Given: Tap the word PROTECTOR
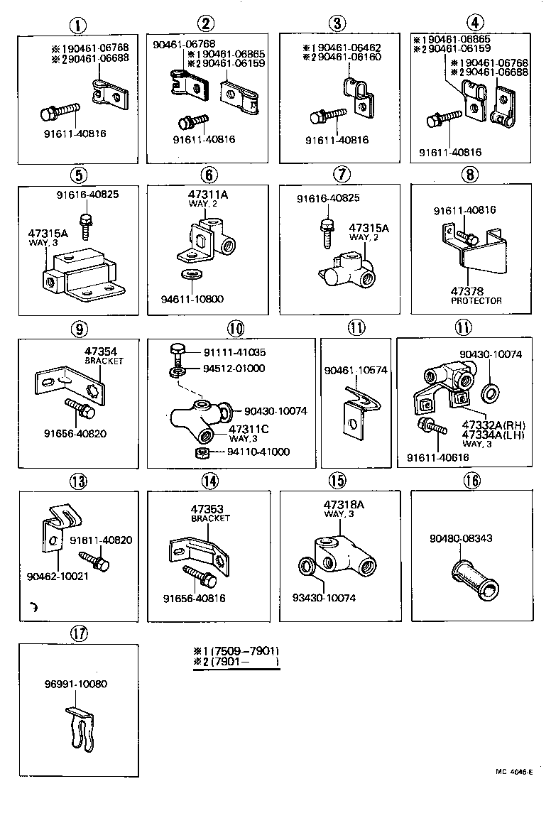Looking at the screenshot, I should click(x=476, y=300).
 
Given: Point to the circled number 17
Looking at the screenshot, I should click(x=79, y=632).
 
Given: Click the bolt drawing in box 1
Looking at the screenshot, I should click(x=62, y=111).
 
